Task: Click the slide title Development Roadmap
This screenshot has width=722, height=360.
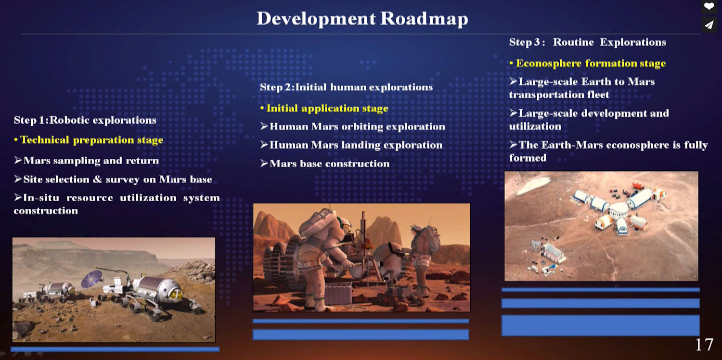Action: [362, 18]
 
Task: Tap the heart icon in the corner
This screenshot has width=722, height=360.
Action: [709, 6]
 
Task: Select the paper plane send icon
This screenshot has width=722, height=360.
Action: [709, 25]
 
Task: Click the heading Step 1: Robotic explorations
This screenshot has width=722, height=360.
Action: [85, 120]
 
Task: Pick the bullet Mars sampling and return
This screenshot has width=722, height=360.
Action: [87, 160]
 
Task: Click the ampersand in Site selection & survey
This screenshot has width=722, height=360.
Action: [97, 179]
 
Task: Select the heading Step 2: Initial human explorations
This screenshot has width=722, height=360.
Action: [346, 87]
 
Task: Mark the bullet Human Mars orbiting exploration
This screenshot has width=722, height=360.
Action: [353, 127]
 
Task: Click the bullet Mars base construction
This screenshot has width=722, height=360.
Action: [325, 164]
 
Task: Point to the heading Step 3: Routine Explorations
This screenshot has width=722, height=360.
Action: [588, 42]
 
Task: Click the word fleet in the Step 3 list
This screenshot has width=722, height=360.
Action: [599, 94]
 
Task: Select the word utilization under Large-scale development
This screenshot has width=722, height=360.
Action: [535, 126]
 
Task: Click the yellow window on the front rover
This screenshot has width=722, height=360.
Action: [176, 294]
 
